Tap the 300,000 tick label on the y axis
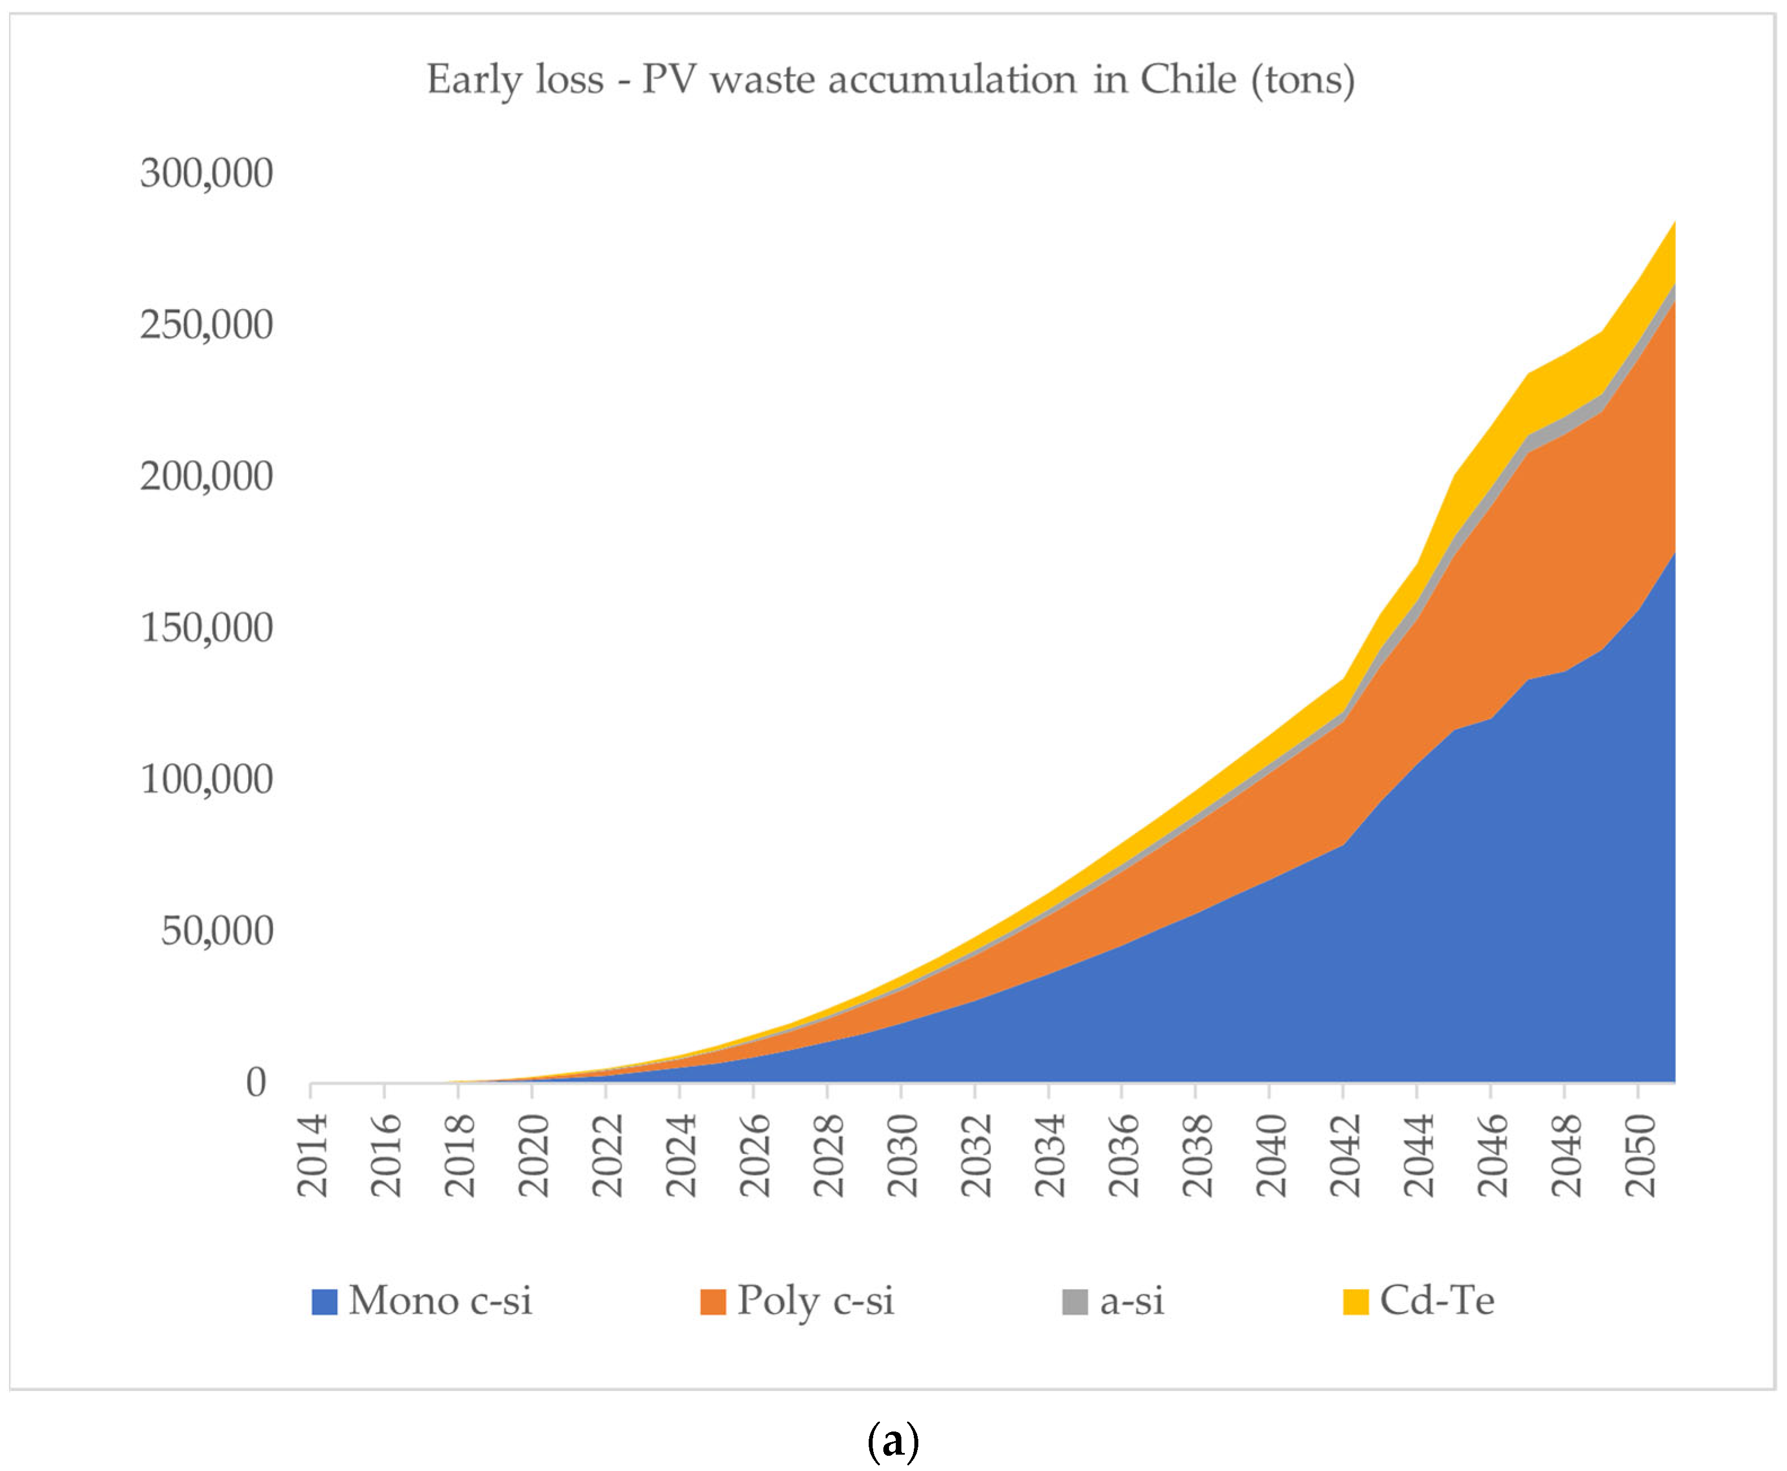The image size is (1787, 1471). (207, 173)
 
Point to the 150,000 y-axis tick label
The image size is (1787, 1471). (207, 628)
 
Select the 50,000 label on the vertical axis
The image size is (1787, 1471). (217, 931)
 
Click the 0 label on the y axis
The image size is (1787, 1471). (256, 1083)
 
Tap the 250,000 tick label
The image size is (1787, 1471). (207, 324)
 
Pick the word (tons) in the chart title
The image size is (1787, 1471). (1303, 80)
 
